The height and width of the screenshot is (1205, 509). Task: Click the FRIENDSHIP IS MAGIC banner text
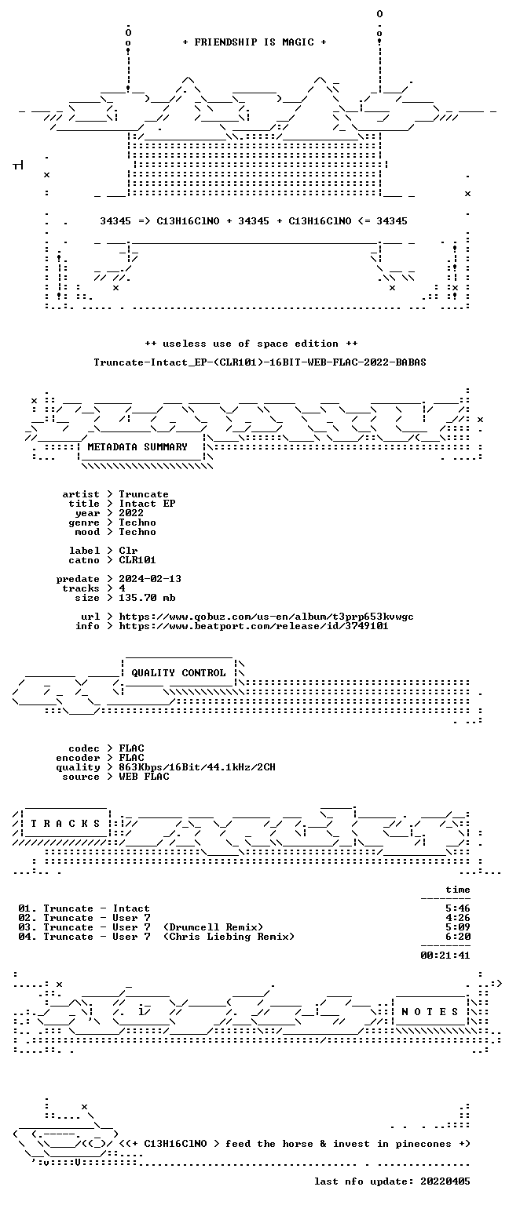click(255, 42)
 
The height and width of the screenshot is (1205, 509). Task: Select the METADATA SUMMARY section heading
click(137, 446)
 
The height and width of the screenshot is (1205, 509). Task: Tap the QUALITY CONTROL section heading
click(178, 672)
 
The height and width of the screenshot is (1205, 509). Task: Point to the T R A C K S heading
click(65, 823)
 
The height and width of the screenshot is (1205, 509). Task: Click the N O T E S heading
click(430, 1011)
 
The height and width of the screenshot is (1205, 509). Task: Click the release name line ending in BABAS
click(260, 362)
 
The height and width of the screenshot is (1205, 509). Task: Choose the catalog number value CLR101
click(137, 560)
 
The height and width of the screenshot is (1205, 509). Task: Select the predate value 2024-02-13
click(150, 579)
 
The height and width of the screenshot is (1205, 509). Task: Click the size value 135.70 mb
click(147, 598)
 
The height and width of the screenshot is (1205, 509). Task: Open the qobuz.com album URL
click(266, 617)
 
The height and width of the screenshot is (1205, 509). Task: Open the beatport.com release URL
click(254, 625)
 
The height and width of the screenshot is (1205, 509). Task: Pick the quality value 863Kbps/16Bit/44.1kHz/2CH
click(197, 767)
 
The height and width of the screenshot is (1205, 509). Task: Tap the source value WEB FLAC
click(144, 776)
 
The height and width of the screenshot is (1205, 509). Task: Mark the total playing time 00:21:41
click(445, 956)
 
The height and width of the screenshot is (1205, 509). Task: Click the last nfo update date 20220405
click(445, 1181)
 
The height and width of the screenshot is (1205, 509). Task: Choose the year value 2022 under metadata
click(131, 512)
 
